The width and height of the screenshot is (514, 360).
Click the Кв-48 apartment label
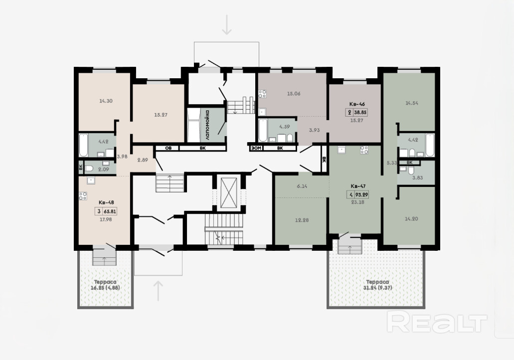tap(106, 202)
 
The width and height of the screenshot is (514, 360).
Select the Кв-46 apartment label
tap(357, 104)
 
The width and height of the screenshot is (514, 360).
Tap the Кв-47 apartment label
tap(357, 186)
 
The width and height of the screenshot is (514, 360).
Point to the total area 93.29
tap(361, 195)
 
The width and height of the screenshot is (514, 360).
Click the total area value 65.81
tap(110, 211)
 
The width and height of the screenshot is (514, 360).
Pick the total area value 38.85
tap(360, 113)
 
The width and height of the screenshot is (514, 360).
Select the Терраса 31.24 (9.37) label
tap(377, 285)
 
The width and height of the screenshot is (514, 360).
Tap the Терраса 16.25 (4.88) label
tap(105, 285)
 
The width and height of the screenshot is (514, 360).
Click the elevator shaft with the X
tap(228, 193)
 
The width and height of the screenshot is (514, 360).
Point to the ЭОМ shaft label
tap(256, 148)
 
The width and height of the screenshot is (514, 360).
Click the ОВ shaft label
tap(168, 148)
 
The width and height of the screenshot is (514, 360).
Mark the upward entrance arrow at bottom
tap(159, 291)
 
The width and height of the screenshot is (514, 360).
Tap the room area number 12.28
tap(302, 220)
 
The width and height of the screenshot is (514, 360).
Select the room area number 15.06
tap(294, 93)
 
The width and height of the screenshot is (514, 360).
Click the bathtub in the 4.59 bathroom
tap(263, 131)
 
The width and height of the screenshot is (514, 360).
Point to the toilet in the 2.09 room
tap(89, 169)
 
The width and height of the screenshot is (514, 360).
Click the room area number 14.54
tap(412, 103)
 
